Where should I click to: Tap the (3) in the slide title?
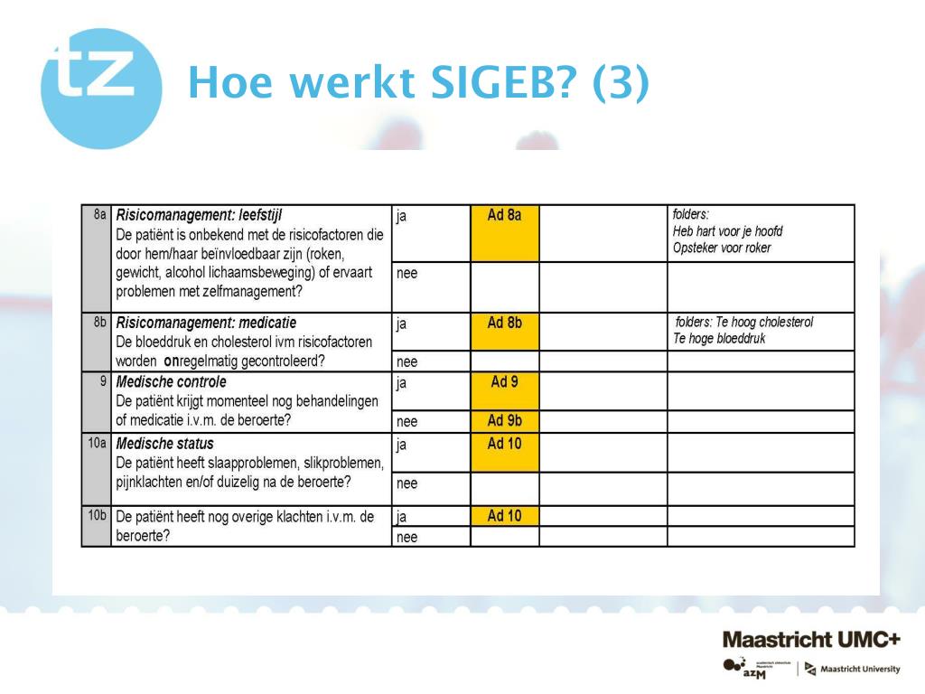point(620,83)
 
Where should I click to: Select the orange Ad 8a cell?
point(505,233)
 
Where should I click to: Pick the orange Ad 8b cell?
point(505,332)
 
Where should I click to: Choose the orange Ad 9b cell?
point(505,421)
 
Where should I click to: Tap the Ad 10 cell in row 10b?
point(505,516)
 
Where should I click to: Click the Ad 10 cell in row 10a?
point(505,453)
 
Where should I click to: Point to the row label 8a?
point(99,215)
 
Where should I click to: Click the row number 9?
point(103,380)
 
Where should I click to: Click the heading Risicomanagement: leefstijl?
point(199,215)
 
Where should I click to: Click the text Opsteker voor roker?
point(722,248)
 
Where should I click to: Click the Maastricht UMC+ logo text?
point(810,640)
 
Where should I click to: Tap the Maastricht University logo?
point(853,669)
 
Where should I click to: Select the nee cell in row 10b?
point(407,537)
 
